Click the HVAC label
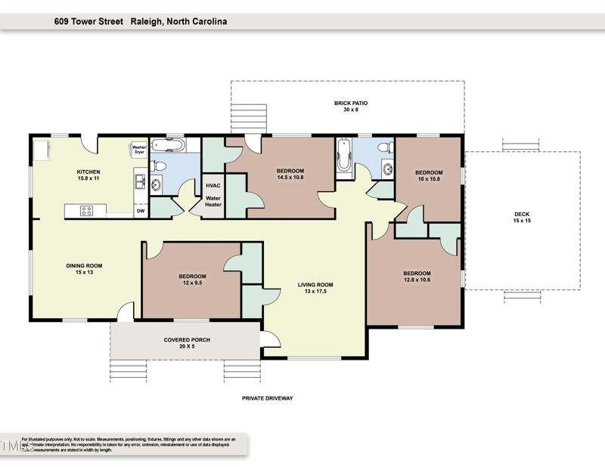click(x=213, y=184)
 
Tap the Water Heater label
click(x=213, y=202)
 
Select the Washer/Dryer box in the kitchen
click(x=139, y=150)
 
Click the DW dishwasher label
click(x=140, y=212)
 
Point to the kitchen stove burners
click(x=86, y=211)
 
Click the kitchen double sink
click(x=140, y=181)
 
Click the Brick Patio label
click(x=350, y=106)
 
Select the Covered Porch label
click(x=187, y=343)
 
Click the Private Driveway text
click(x=267, y=397)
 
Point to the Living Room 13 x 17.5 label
click(x=318, y=288)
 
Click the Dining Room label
click(x=83, y=268)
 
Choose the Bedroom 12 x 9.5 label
click(x=192, y=280)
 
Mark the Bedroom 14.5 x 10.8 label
click(x=290, y=174)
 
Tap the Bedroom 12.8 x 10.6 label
click(x=417, y=277)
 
